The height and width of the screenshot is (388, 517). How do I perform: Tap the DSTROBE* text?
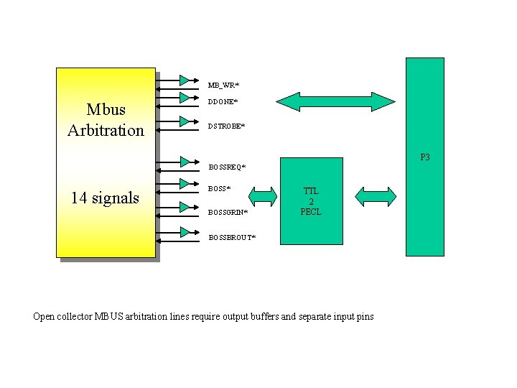pos(225,126)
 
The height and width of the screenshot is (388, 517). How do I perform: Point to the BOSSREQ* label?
pos(226,167)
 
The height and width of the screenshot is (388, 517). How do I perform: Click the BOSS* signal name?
pos(219,189)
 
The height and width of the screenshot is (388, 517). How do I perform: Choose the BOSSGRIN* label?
pos(228,213)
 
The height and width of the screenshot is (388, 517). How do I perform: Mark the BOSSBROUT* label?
pos(231,237)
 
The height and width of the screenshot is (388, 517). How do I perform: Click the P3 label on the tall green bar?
pos(425,157)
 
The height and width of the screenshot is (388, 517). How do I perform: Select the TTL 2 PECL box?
pos(311,201)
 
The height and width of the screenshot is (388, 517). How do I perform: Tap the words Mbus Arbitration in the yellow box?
pos(106,120)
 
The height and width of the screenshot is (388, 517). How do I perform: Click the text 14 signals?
pos(105,198)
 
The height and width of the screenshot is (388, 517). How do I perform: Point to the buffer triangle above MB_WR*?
pos(185,79)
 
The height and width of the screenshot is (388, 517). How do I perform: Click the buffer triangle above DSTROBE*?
pos(185,120)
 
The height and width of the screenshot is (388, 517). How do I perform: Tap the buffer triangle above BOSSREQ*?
pos(185,161)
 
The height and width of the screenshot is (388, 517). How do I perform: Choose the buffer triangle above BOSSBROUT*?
pos(185,231)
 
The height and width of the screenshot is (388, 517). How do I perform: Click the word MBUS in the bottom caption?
pos(108,316)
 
